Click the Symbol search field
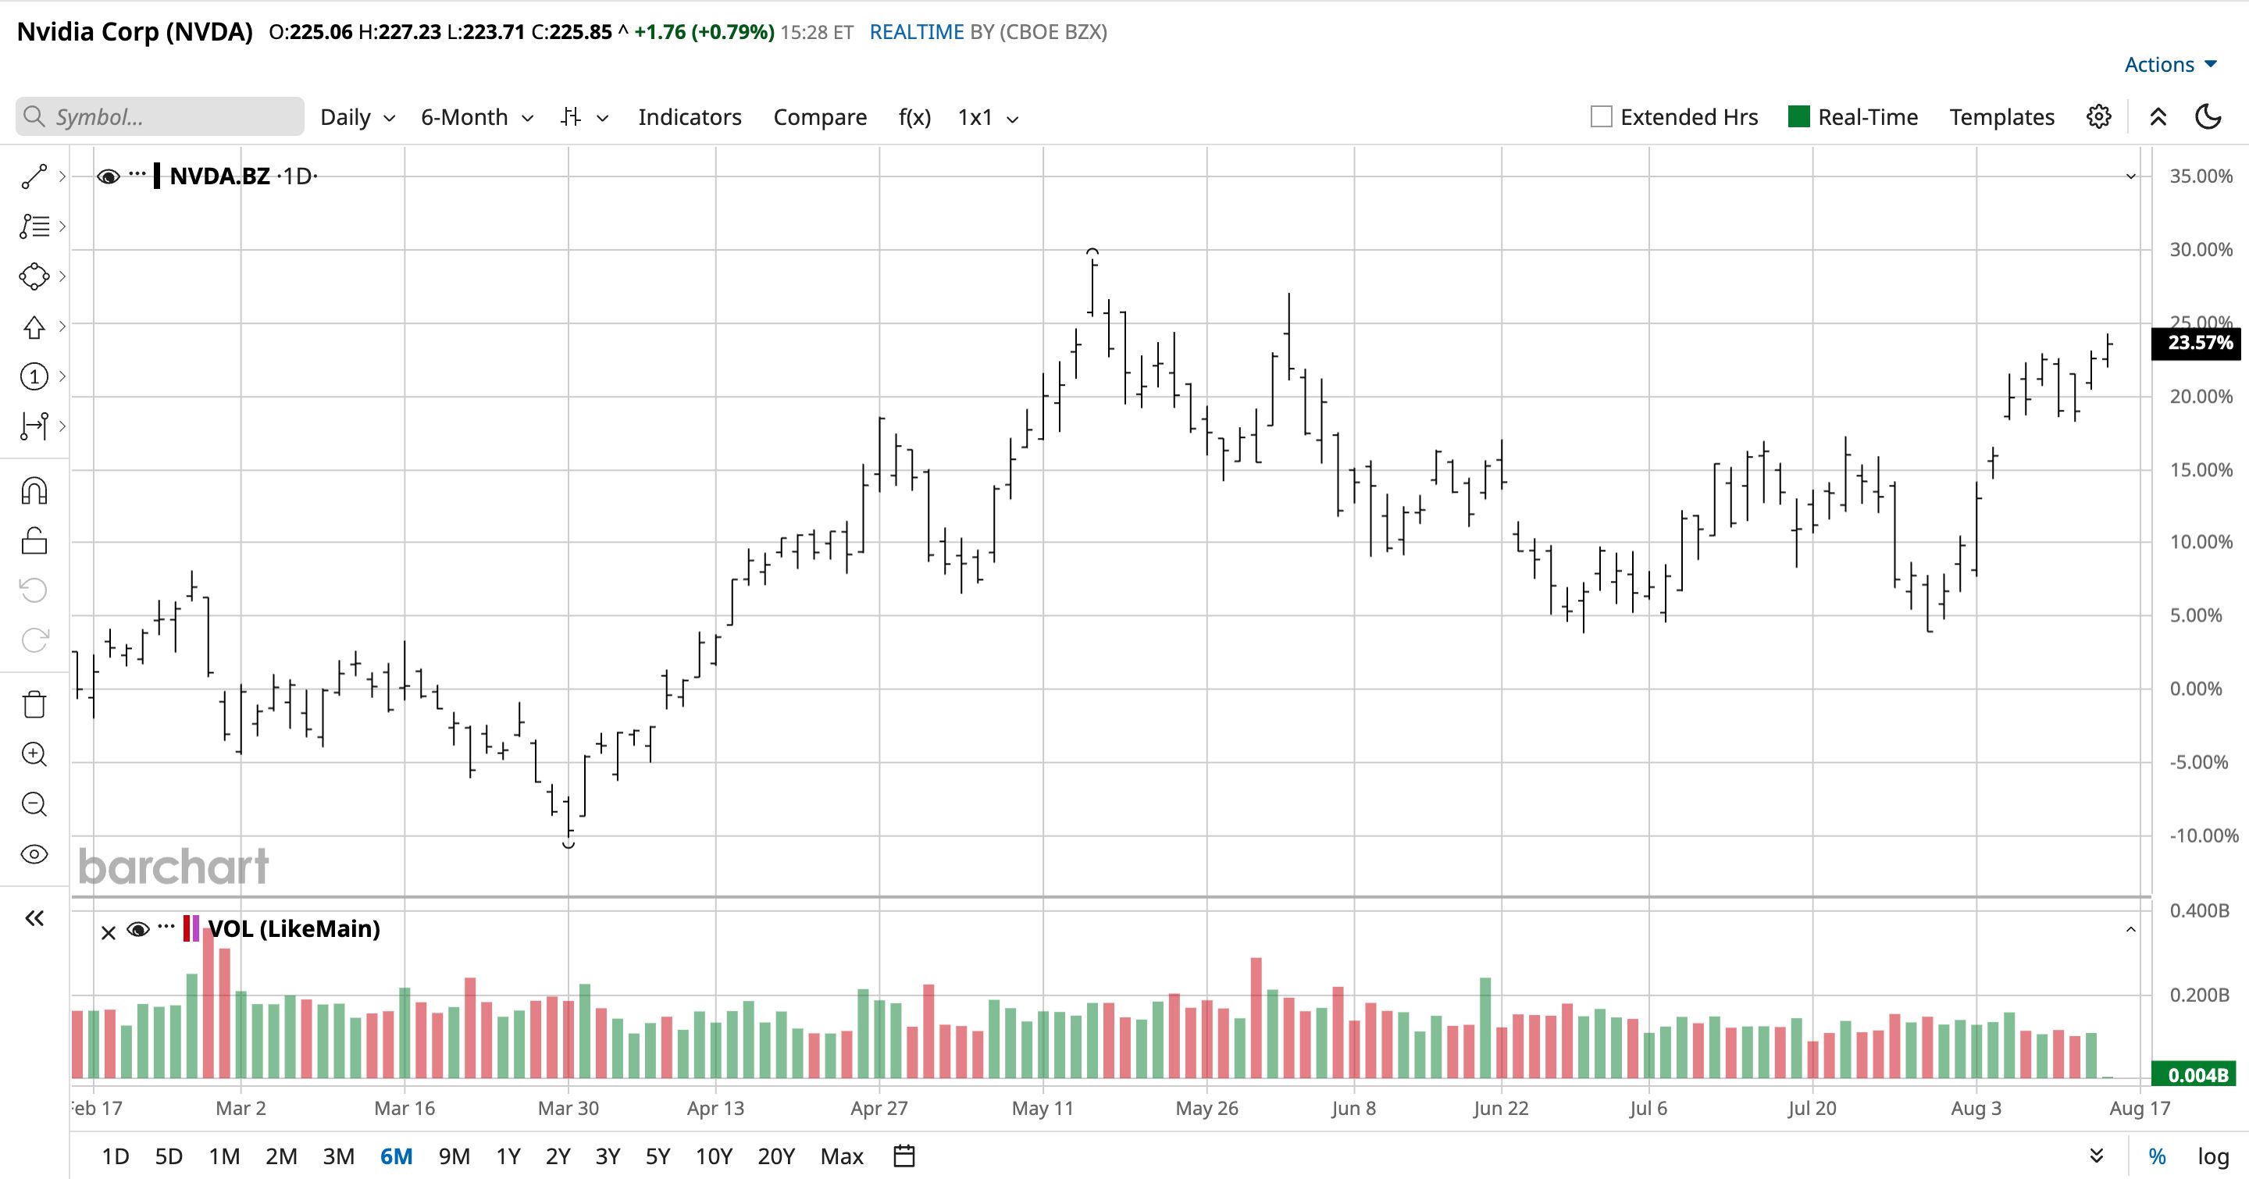tap(160, 117)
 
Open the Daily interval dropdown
tap(358, 117)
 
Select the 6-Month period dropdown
tap(476, 117)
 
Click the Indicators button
tap(690, 117)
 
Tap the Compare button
tap(820, 117)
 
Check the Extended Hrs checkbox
tap(1601, 117)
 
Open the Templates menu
tap(2002, 117)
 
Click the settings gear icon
tap(2099, 117)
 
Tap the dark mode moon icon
tap(2208, 117)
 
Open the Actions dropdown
tap(2170, 65)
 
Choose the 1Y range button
tap(508, 1156)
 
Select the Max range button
tap(842, 1156)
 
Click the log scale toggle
tap(2213, 1156)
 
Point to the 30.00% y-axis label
tap(2201, 250)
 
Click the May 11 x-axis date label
tap(1043, 1108)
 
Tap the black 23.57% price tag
tap(2200, 343)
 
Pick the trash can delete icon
tap(34, 704)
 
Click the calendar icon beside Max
tap(904, 1156)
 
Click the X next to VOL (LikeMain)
tap(109, 933)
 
